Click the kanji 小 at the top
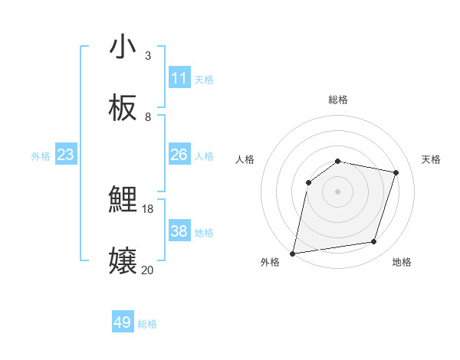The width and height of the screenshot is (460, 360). pyautogui.click(x=123, y=47)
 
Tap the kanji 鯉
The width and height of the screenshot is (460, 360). pyautogui.click(x=123, y=201)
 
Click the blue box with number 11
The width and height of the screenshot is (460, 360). pyautogui.click(x=179, y=78)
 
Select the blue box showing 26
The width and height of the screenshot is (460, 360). pyautogui.click(x=179, y=155)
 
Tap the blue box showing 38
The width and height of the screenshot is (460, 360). pyautogui.click(x=179, y=231)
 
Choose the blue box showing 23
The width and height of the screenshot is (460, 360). pyautogui.click(x=66, y=155)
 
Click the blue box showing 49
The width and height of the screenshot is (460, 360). pyautogui.click(x=123, y=322)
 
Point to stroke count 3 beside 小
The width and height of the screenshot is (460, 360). pyautogui.click(x=148, y=56)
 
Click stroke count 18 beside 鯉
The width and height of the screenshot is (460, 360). pyautogui.click(x=148, y=208)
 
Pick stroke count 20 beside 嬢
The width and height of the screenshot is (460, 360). pyautogui.click(x=148, y=270)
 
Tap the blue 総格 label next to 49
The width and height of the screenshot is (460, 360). pyautogui.click(x=148, y=324)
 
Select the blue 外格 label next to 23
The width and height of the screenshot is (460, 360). pyautogui.click(x=41, y=156)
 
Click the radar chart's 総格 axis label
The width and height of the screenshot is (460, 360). pyautogui.click(x=338, y=100)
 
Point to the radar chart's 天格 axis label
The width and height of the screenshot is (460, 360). pyautogui.click(x=432, y=159)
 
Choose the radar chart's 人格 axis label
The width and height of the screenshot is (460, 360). pyautogui.click(x=245, y=159)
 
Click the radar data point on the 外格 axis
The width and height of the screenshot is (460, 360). pyautogui.click(x=293, y=253)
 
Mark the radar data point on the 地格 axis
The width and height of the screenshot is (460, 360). pyautogui.click(x=374, y=242)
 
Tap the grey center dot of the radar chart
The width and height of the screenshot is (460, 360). pyautogui.click(x=338, y=191)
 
